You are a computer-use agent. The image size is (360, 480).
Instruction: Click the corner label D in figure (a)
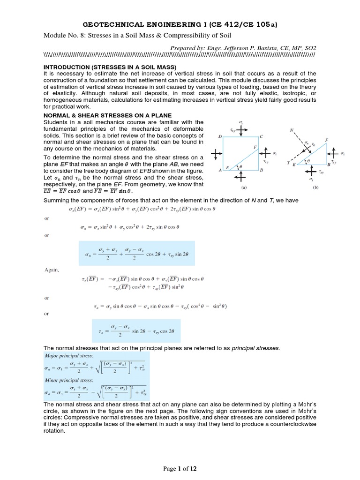[x=220, y=136]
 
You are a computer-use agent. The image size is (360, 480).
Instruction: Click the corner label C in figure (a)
[x=262, y=136]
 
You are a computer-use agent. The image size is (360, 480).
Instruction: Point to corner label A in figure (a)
[x=220, y=171]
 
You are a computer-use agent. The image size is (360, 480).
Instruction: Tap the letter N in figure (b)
[x=292, y=130]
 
